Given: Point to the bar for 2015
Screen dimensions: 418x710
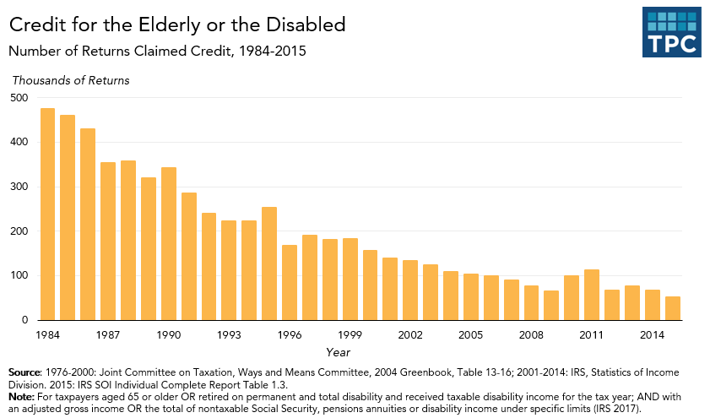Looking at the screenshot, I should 672,308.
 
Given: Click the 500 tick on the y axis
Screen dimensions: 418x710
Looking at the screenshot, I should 19,98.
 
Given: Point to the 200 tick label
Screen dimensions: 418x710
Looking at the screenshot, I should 19,231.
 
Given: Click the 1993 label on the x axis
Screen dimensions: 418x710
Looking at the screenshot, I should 229,335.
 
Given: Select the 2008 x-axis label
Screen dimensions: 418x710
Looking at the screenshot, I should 531,335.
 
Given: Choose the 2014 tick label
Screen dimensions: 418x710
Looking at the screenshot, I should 652,335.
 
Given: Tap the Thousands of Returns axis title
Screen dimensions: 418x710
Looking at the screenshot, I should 70,80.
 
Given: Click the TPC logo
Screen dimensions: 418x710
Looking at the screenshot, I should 671,33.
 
